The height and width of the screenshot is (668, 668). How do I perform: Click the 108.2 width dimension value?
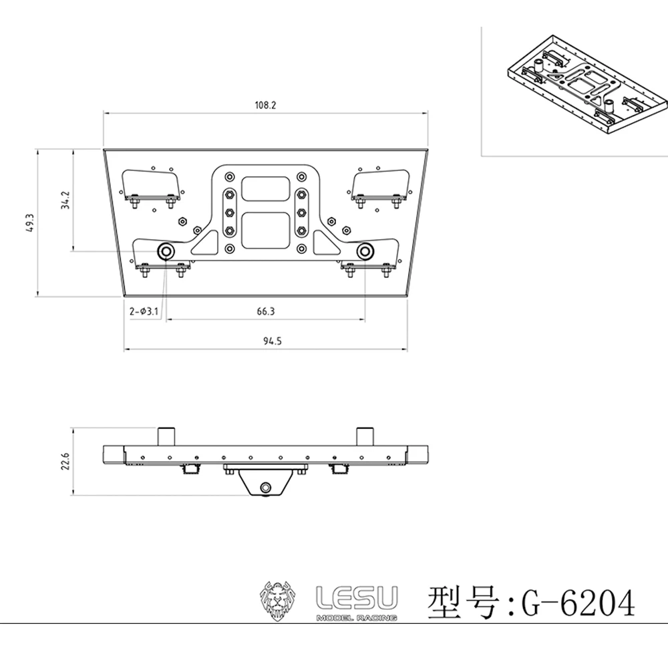tap(265, 106)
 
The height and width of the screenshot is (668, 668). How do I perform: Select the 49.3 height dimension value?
tap(30, 222)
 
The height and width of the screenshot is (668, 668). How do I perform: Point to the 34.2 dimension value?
tap(65, 200)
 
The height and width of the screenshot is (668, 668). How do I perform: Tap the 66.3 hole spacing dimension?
tap(266, 311)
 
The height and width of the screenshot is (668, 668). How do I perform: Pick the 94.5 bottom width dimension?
tap(273, 341)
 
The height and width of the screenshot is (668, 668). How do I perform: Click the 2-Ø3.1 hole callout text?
tap(144, 311)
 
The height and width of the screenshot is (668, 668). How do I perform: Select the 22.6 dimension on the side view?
tap(65, 462)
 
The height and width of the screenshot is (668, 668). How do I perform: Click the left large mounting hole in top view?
tap(165, 251)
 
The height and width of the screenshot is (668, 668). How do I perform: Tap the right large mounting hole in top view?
tap(365, 251)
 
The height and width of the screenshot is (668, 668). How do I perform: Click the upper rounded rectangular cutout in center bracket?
tap(265, 189)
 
